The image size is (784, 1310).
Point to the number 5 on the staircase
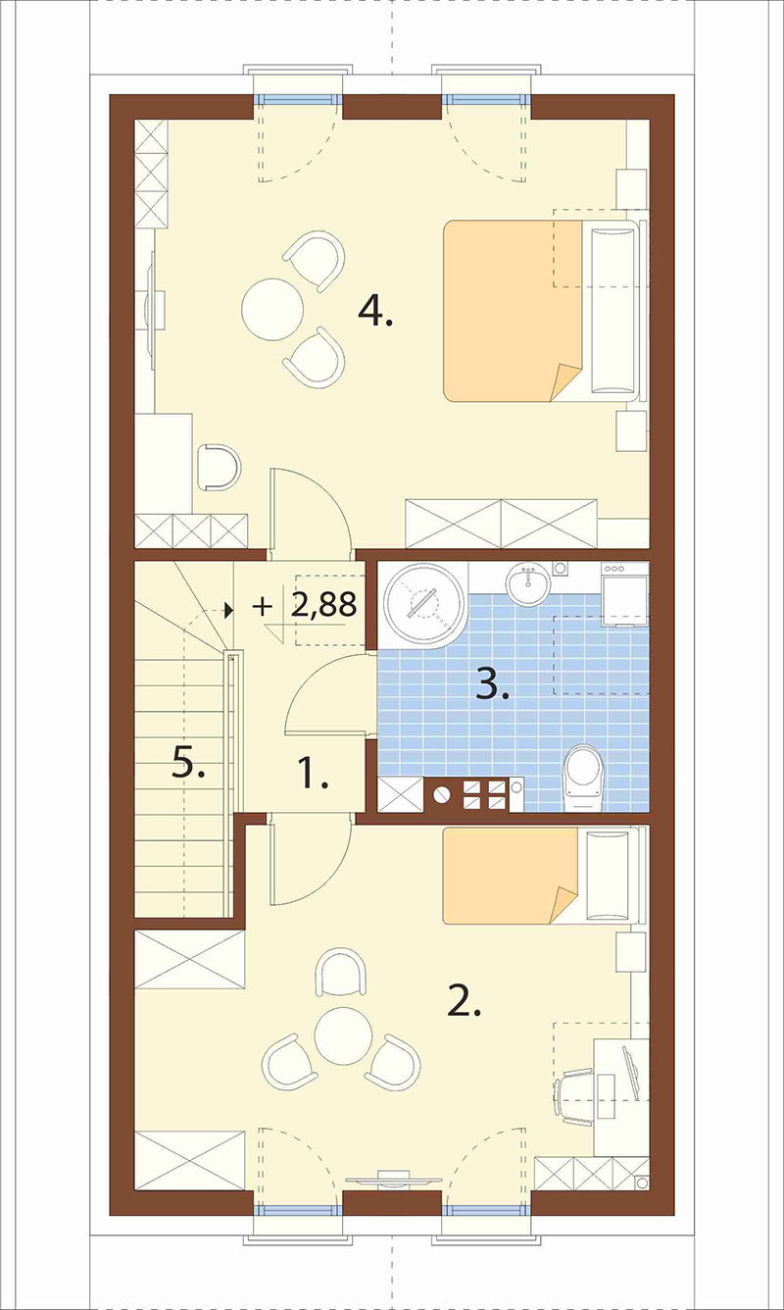[188, 763]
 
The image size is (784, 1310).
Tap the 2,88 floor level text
[323, 606]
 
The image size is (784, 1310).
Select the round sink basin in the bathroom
[528, 581]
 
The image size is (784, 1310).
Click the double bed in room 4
[543, 311]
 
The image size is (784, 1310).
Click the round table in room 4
[272, 309]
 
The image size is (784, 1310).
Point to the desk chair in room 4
[220, 467]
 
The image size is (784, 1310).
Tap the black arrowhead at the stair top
[228, 611]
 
